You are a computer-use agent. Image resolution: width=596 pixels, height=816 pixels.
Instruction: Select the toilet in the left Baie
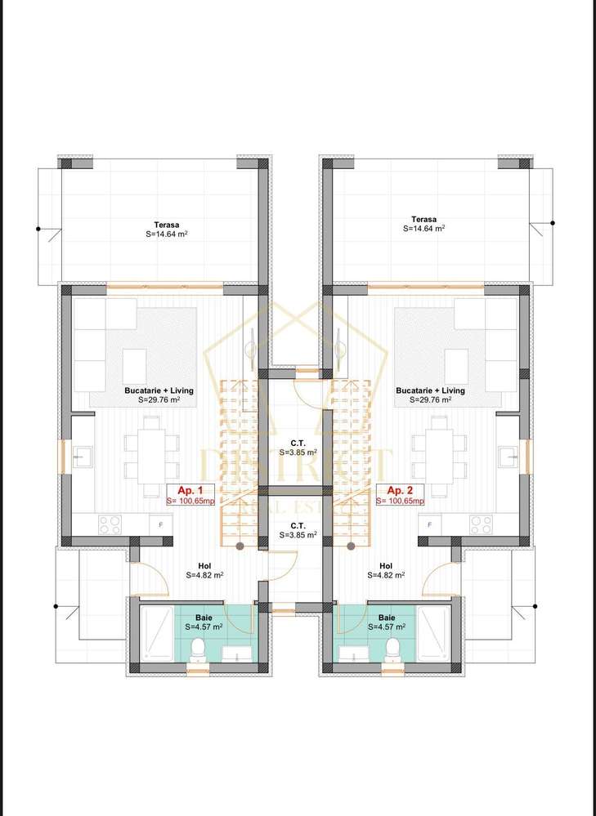click(196, 649)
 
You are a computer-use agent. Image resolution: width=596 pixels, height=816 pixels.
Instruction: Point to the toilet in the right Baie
click(392, 649)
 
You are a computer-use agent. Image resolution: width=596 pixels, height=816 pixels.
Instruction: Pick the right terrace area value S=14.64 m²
click(423, 230)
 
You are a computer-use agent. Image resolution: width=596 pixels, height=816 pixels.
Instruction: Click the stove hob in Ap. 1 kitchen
click(110, 524)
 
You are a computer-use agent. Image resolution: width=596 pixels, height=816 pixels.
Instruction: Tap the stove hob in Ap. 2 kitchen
click(481, 524)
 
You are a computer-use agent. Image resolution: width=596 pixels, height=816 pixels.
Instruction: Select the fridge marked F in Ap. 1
click(160, 524)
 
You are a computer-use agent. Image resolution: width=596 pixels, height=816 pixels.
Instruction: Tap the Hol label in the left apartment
click(204, 565)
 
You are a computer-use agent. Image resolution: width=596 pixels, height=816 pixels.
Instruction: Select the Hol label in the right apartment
click(386, 565)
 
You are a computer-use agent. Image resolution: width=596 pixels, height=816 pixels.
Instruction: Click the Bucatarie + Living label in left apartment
click(152, 390)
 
